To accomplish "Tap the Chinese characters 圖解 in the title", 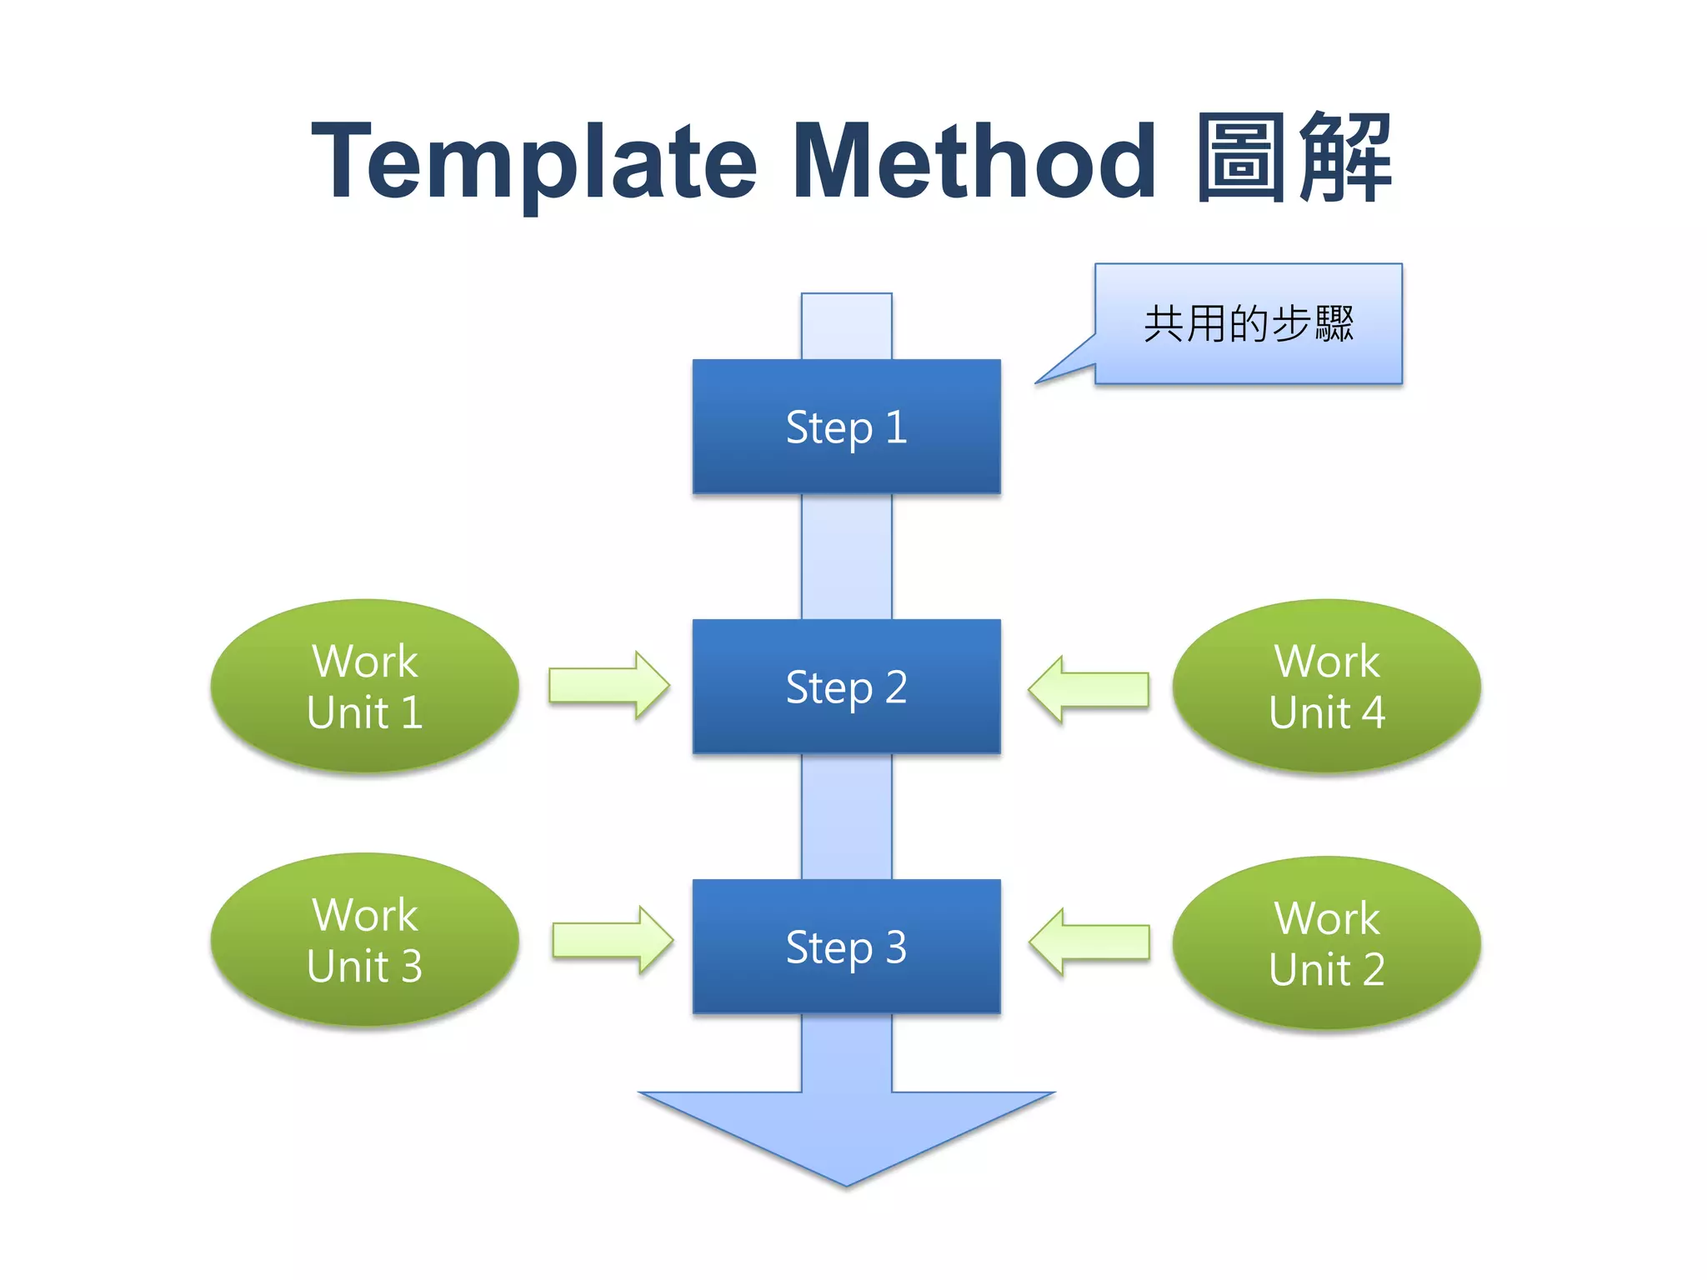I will click(x=1294, y=158).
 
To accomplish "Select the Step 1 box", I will click(x=846, y=427).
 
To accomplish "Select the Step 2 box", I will click(x=846, y=687).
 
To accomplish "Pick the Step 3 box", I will click(x=846, y=947).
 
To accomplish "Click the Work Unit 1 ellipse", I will click(x=365, y=686).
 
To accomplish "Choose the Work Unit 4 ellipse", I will click(x=1326, y=686).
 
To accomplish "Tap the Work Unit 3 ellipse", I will click(x=365, y=940).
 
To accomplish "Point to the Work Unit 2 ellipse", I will click(x=1326, y=943).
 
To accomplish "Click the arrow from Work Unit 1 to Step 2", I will click(x=609, y=686).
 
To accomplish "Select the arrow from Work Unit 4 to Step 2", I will click(x=1089, y=689).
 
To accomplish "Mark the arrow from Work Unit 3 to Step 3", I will click(x=613, y=940).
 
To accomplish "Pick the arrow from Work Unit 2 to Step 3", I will click(x=1089, y=942).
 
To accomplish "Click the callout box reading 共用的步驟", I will click(x=1249, y=323).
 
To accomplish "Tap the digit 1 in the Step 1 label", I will click(x=897, y=427).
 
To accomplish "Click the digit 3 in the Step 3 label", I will click(x=896, y=947).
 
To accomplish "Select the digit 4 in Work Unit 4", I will click(x=1373, y=713).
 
